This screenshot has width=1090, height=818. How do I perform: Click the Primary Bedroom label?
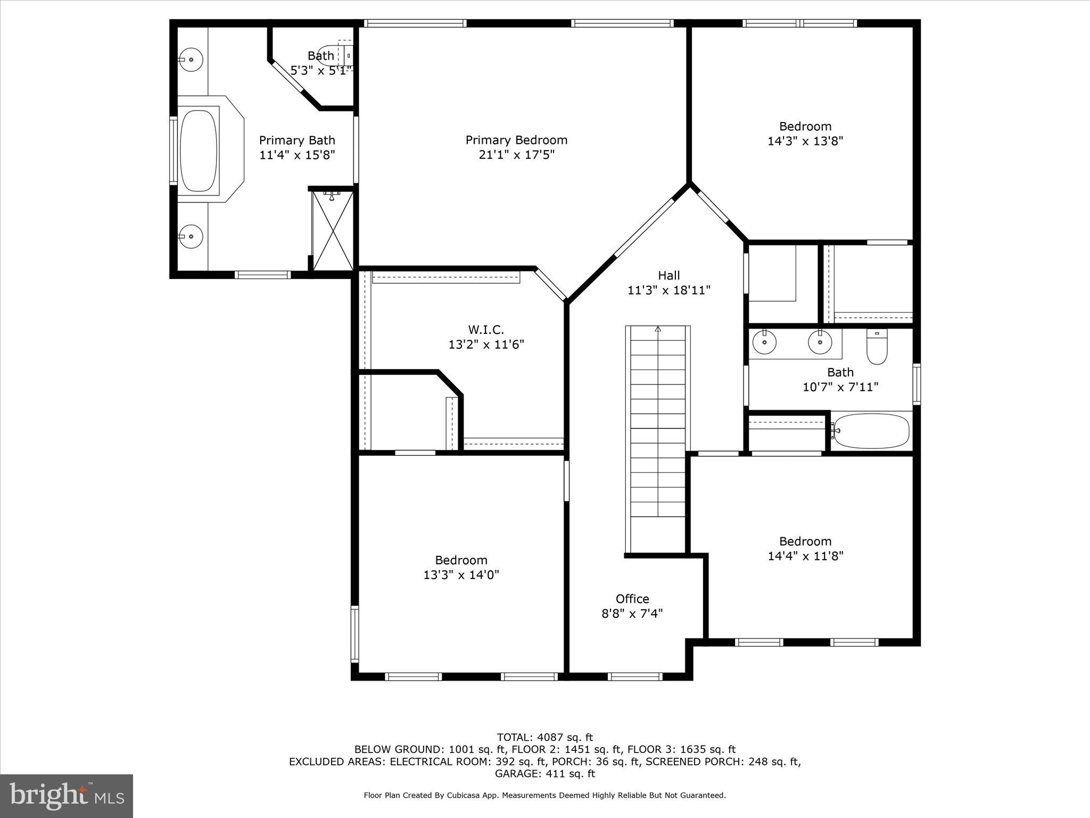pyautogui.click(x=516, y=140)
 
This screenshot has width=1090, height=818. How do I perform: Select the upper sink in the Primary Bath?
pyautogui.click(x=191, y=59)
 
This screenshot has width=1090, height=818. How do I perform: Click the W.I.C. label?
pyautogui.click(x=486, y=330)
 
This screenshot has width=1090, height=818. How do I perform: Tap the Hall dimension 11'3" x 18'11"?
pyautogui.click(x=668, y=290)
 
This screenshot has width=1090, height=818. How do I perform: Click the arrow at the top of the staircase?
pyautogui.click(x=658, y=329)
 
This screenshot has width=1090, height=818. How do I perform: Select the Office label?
pyautogui.click(x=632, y=599)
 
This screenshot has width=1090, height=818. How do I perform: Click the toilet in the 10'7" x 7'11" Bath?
pyautogui.click(x=877, y=348)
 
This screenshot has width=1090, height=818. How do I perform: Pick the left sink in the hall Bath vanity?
pyautogui.click(x=765, y=341)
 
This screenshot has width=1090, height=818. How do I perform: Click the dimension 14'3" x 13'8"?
pyautogui.click(x=805, y=141)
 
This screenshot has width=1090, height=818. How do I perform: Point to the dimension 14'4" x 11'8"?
pyautogui.click(x=805, y=556)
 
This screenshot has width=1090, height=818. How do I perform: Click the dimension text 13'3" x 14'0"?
pyautogui.click(x=461, y=575)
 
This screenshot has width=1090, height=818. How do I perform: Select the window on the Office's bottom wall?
pyautogui.click(x=635, y=676)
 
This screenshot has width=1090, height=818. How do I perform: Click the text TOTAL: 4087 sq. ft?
pyautogui.click(x=544, y=738)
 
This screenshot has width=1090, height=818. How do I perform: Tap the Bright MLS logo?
pyautogui.click(x=67, y=796)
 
